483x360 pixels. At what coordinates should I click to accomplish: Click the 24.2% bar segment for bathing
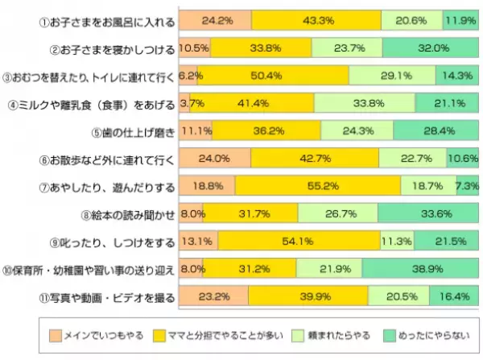click(x=215, y=20)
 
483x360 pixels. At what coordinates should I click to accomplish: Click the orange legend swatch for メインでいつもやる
click(x=55, y=332)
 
